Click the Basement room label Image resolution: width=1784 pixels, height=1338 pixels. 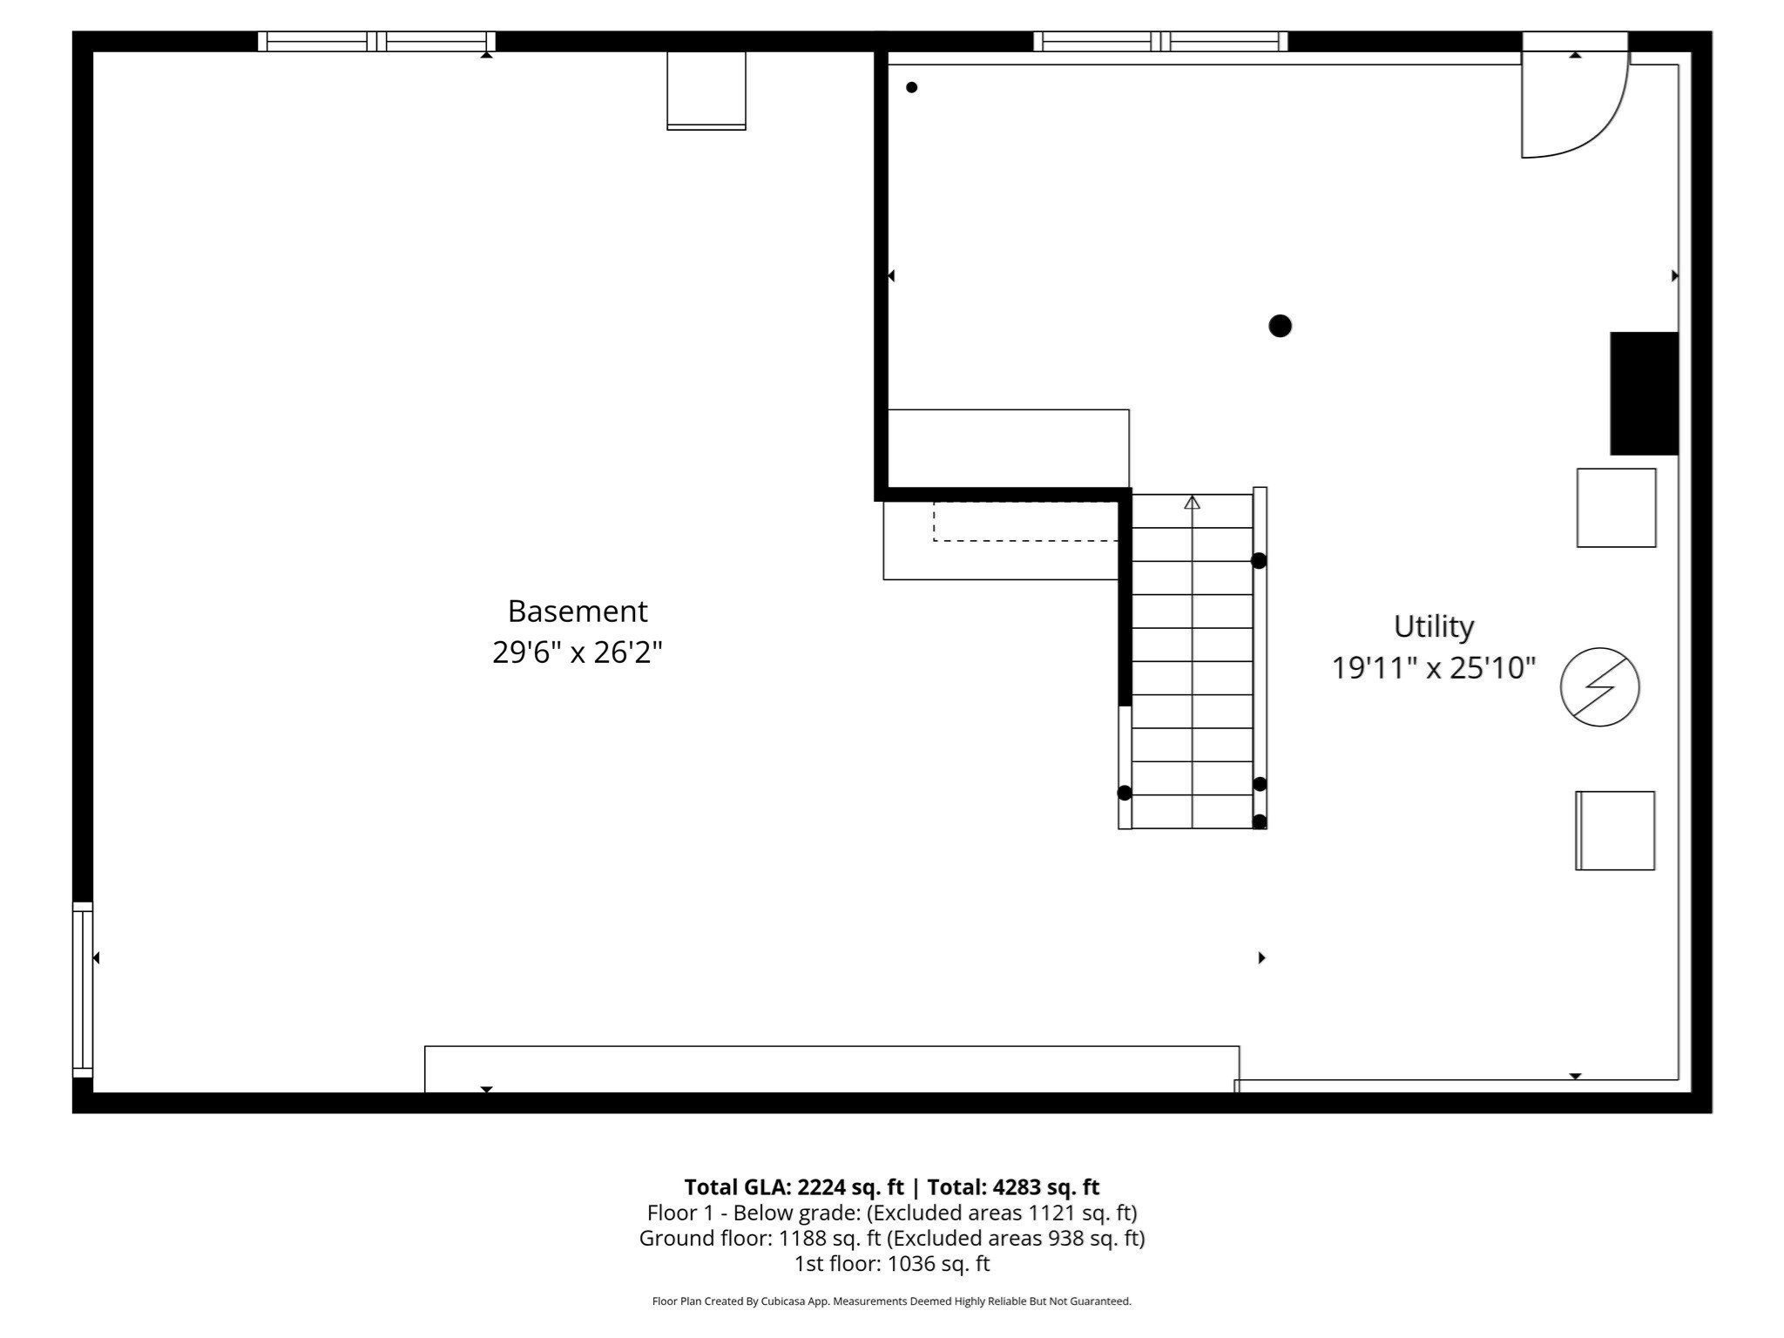coord(578,612)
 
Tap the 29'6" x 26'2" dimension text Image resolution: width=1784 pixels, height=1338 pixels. coord(578,652)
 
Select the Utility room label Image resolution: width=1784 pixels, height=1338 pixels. coord(1433,626)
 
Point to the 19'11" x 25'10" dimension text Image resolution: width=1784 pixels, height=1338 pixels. coord(1433,668)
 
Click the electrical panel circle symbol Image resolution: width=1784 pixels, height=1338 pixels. coord(1599,687)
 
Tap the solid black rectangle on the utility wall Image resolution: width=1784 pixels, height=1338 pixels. coord(1644,393)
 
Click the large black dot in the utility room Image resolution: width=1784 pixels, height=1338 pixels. coord(1280,326)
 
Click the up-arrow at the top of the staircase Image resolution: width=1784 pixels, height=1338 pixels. coord(1192,503)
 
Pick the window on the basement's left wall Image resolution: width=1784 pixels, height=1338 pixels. coord(82,990)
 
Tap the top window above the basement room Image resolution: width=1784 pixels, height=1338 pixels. coord(376,41)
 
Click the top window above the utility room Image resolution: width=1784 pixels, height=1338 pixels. coord(1160,41)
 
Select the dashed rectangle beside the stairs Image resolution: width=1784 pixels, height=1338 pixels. coord(1025,521)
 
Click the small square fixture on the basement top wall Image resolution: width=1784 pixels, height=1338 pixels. coord(706,91)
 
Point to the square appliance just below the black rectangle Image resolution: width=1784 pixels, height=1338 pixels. coord(1616,508)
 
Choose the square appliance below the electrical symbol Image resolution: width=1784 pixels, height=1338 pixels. coord(1615,830)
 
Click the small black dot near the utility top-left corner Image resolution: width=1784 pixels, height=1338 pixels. coord(911,87)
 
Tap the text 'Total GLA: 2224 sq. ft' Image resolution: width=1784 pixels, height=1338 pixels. coord(794,1187)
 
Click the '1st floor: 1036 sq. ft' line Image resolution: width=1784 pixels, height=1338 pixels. coord(891,1263)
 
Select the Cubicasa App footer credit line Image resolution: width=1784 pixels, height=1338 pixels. coord(891,1301)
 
